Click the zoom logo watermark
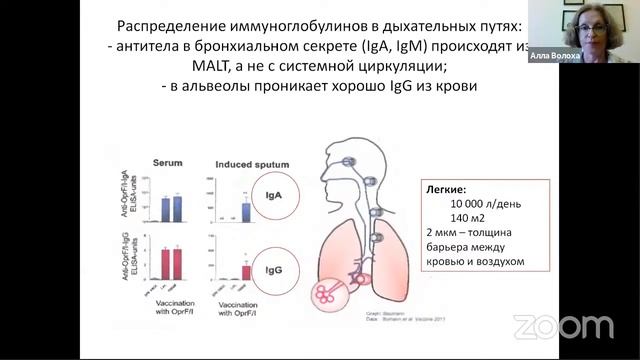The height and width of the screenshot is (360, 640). click(x=562, y=326)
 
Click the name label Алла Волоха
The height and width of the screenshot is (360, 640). click(x=554, y=56)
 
